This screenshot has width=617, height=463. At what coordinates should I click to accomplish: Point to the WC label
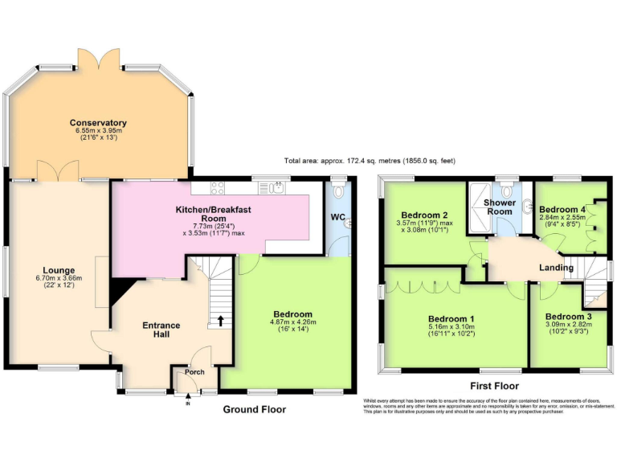tap(338, 217)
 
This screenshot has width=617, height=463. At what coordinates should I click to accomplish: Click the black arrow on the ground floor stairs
tap(221, 321)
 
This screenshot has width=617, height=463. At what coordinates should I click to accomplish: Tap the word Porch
tap(194, 372)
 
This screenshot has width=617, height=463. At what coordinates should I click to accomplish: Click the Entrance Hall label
tap(161, 330)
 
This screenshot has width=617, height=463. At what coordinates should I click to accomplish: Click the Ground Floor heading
tap(254, 409)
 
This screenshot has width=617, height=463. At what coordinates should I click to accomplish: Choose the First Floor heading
tap(495, 387)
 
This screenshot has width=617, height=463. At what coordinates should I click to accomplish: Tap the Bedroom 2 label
tap(424, 215)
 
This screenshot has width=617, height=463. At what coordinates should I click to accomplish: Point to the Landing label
tap(556, 268)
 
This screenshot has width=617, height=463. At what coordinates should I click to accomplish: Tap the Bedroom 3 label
tap(570, 317)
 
